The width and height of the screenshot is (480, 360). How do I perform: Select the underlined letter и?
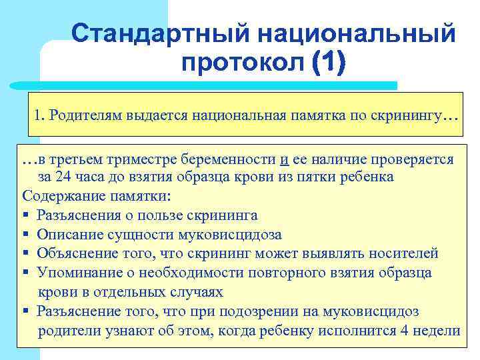coord(284,159)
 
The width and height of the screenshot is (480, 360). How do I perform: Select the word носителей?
coord(407,253)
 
